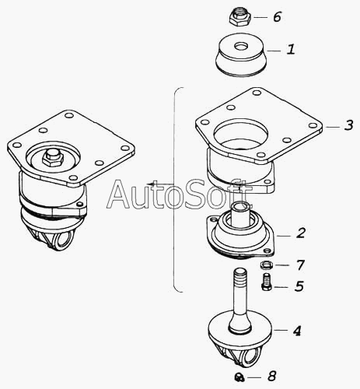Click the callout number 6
pos(277,17)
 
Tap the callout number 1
pos(291,49)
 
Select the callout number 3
pos(349,125)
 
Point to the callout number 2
pos(301,233)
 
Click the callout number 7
pos(300,265)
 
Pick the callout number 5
pos(299,286)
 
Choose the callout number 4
pos(297,331)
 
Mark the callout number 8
pos(271,376)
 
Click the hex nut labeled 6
pos(239,18)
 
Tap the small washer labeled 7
pos(266,265)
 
